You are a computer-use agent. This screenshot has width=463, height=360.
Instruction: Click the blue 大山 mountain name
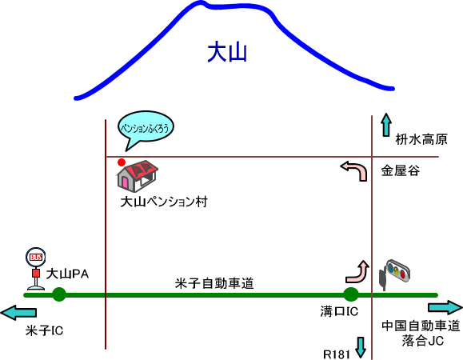point(227,53)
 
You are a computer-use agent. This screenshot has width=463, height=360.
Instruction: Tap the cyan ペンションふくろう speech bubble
point(146,127)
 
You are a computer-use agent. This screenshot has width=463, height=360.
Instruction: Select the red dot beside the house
point(122,162)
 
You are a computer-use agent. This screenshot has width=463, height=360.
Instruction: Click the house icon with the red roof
point(138,176)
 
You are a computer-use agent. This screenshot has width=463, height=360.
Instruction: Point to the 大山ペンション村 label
point(164,202)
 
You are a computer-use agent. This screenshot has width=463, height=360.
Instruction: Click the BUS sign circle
point(36,258)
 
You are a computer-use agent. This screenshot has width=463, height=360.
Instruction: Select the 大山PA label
point(67,274)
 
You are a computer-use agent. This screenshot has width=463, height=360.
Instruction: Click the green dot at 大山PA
point(59,294)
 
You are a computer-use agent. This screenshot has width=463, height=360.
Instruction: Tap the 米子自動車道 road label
point(214,283)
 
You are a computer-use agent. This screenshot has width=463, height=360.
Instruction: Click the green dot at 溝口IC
point(351,294)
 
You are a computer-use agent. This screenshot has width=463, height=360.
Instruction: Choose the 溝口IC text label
point(339,311)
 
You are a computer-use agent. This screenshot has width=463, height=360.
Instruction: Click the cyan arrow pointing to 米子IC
point(18,313)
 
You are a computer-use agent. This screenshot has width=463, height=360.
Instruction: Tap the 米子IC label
point(44,330)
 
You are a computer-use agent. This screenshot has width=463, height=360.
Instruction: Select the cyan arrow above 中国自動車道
point(445,308)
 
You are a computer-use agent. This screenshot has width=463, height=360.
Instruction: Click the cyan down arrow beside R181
point(361,347)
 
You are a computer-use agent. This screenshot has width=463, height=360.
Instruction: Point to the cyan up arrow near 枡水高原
point(386,125)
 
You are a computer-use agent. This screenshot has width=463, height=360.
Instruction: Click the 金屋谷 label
point(401,170)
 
